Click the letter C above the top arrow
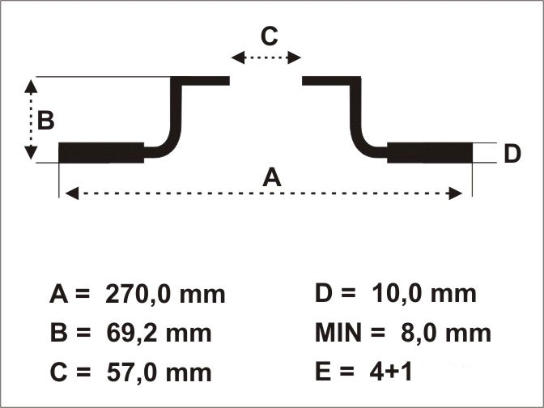[x=270, y=36]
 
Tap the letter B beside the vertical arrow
[x=46, y=121]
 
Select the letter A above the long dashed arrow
[x=272, y=176]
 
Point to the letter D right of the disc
[x=512, y=153]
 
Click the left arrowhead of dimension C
[x=238, y=57]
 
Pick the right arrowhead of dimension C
[x=294, y=57]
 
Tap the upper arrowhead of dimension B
[x=31, y=87]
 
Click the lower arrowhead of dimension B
[x=31, y=153]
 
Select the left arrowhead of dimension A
[x=72, y=193]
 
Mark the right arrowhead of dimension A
[x=456, y=193]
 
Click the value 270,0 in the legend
[x=138, y=295]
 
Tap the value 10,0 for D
[x=397, y=294]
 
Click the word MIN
[x=338, y=333]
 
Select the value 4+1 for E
[x=391, y=372]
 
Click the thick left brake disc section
[x=101, y=153]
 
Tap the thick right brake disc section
[x=430, y=153]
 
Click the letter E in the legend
[x=323, y=372]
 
